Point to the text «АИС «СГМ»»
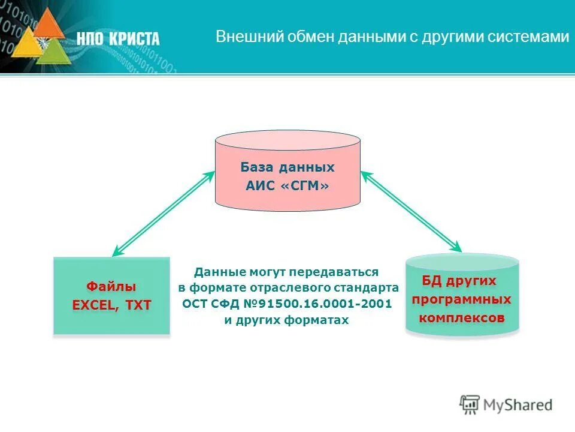point(287,186)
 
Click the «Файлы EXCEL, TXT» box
point(112,296)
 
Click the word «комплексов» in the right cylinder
point(462,317)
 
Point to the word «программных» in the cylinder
point(462,299)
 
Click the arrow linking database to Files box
point(164,213)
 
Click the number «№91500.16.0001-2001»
point(316,304)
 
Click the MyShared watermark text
point(518,405)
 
